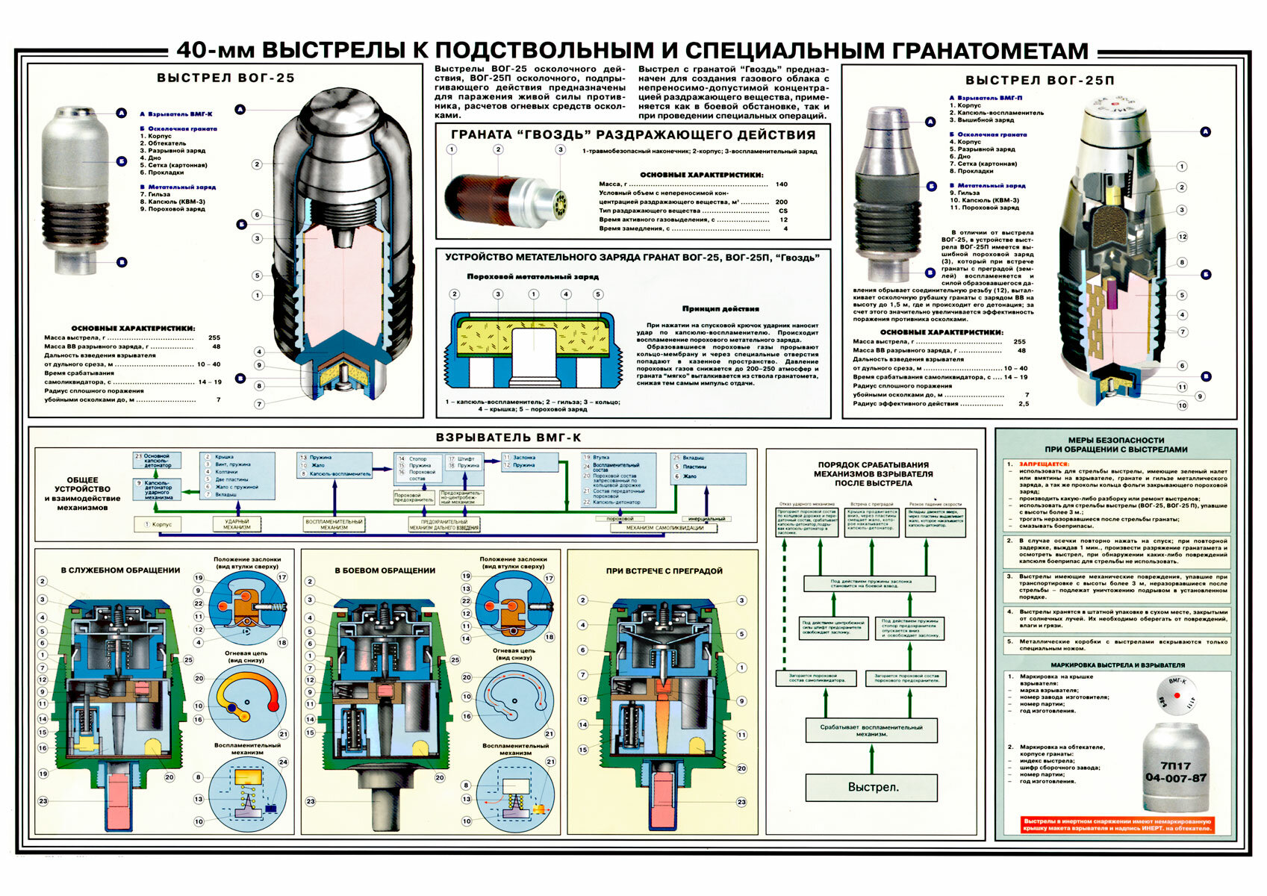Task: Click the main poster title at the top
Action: pos(632,51)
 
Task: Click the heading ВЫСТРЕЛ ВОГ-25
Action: pos(225,78)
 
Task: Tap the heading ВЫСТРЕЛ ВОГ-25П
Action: pos(1039,80)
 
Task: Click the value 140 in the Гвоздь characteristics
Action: pos(781,184)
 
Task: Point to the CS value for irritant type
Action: pos(782,211)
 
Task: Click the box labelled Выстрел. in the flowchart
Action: pos(871,787)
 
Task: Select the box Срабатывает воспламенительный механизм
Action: pos(871,730)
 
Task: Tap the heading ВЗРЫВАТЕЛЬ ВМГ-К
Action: pos(508,438)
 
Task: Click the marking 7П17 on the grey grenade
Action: pos(1175,765)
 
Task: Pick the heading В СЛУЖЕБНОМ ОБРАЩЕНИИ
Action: pos(120,570)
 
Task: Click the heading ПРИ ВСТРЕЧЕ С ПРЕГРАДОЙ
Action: pos(664,571)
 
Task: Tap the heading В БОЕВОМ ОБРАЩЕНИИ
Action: pos(385,570)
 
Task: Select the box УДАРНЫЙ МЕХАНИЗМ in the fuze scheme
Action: pos(237,524)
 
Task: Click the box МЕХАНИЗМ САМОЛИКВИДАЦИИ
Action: pos(664,528)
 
